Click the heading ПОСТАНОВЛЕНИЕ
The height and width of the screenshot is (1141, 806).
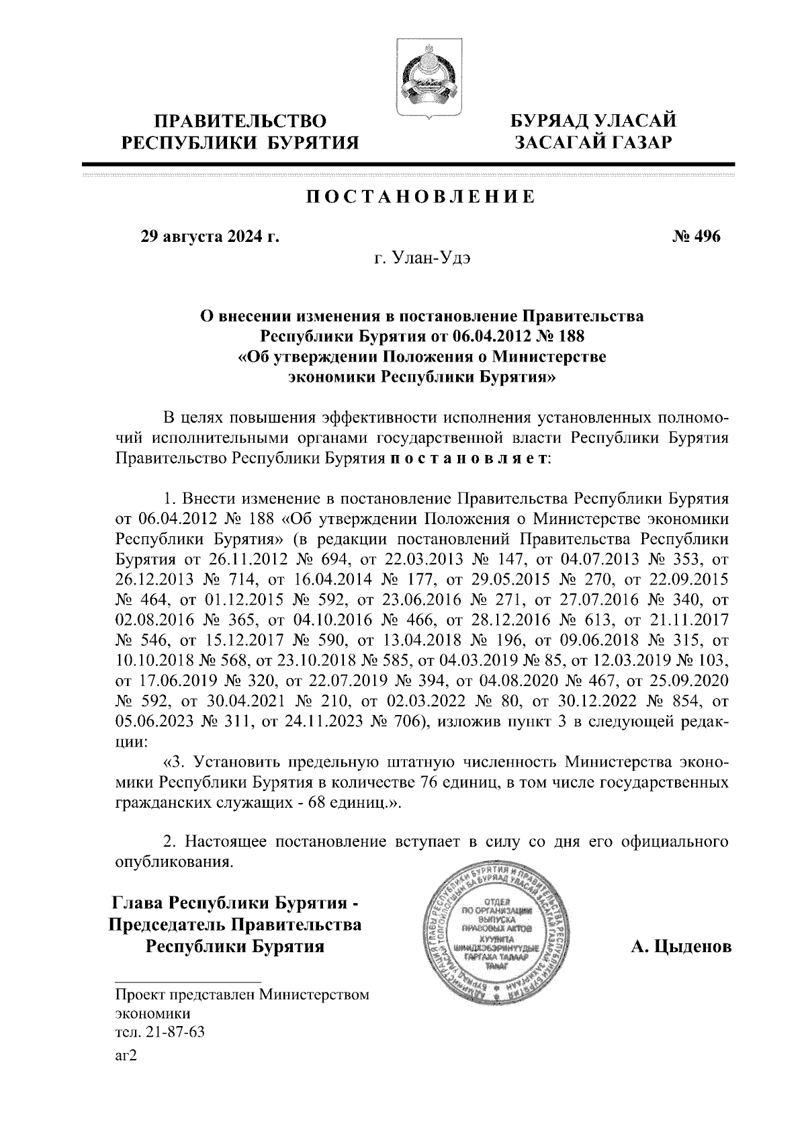pyautogui.click(x=421, y=197)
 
